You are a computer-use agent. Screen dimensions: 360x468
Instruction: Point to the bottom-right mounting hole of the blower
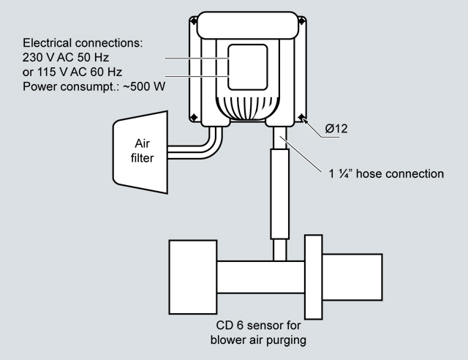(x=301, y=116)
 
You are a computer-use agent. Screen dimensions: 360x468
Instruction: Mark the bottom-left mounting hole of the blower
(x=192, y=116)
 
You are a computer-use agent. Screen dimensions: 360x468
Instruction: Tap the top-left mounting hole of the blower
(x=192, y=21)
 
